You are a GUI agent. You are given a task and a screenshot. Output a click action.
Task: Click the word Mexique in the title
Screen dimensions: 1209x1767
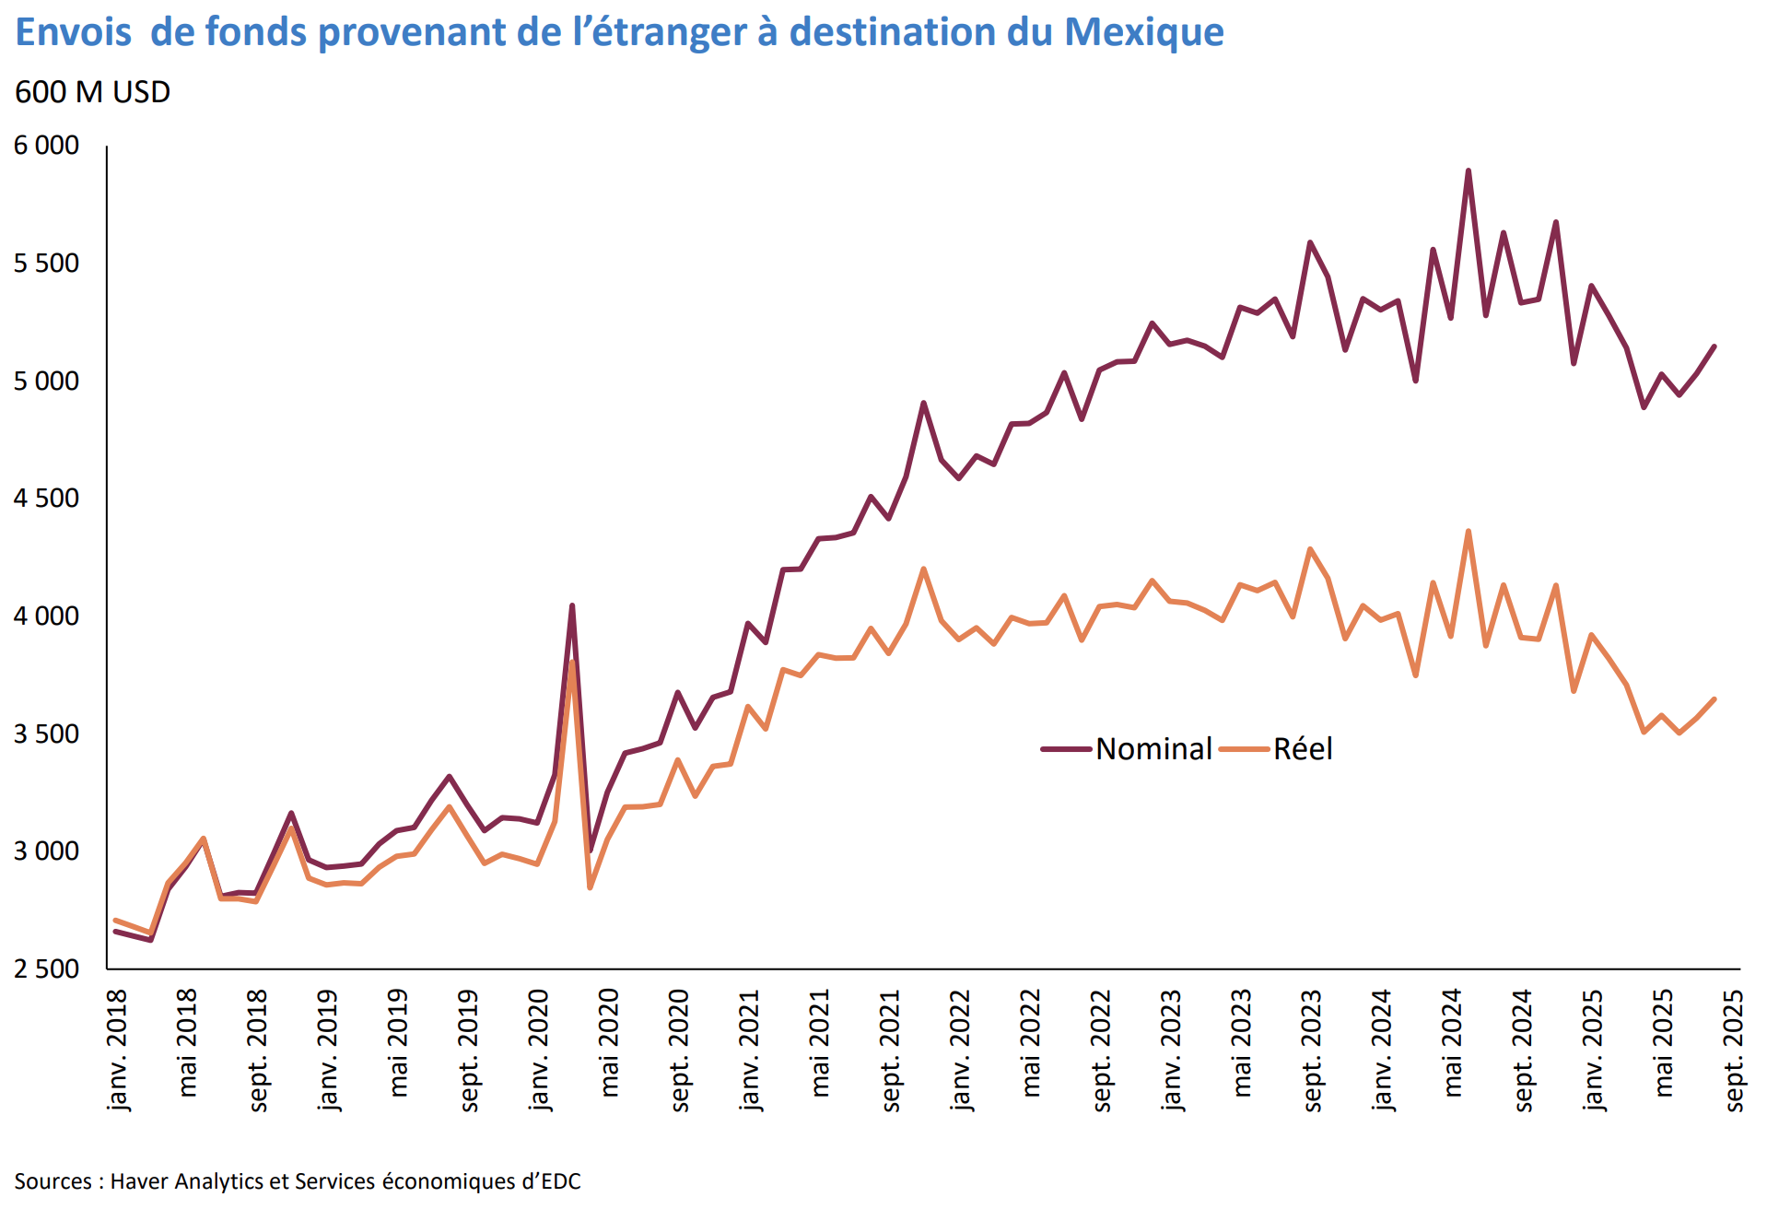click(1143, 32)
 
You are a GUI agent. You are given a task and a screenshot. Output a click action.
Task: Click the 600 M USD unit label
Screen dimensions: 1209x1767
click(92, 92)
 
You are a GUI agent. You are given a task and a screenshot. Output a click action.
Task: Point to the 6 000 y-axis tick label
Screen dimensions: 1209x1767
click(46, 146)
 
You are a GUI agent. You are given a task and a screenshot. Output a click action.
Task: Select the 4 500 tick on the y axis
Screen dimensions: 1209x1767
click(46, 499)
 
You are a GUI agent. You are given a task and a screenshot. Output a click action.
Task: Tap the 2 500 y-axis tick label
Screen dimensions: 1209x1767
click(46, 969)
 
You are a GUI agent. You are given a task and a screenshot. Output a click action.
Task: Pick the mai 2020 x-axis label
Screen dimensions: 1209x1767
click(609, 1042)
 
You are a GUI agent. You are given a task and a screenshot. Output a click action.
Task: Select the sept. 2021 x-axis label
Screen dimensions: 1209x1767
click(890, 1050)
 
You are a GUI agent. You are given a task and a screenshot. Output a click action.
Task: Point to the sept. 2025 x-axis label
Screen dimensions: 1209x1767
click(1734, 1050)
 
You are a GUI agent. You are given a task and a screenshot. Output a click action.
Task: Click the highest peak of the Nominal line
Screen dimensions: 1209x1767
click(1468, 170)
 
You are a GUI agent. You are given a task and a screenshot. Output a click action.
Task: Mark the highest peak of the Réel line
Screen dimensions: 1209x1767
click(1468, 531)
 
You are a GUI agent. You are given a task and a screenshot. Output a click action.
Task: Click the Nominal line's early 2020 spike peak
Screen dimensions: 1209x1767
click(572, 605)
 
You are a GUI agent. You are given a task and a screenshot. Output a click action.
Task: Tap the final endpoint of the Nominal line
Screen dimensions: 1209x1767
click(1714, 346)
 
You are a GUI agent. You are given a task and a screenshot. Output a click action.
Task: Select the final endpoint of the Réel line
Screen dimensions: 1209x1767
click(1714, 699)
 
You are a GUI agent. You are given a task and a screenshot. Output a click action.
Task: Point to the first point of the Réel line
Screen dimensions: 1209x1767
click(115, 920)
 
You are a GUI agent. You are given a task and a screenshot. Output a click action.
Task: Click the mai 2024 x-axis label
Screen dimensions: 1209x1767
click(1453, 1042)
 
